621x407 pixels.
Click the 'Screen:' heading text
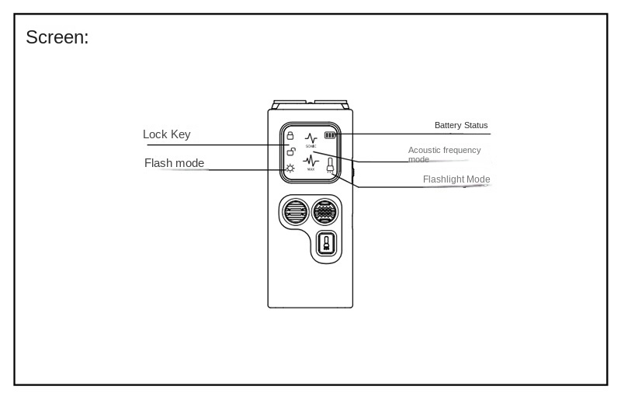tap(57, 37)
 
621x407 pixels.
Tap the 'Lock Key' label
tap(166, 134)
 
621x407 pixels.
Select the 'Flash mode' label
tap(174, 162)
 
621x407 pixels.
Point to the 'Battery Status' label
tap(461, 125)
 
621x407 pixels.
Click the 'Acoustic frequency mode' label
tap(444, 154)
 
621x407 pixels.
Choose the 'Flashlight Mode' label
tap(456, 179)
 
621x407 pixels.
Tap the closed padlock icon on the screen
tap(290, 136)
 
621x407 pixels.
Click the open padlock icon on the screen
tap(290, 151)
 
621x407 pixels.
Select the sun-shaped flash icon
tap(290, 168)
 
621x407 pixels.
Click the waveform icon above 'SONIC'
tap(310, 137)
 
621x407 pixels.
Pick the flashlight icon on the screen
tap(331, 166)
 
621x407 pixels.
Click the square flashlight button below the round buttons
tap(327, 245)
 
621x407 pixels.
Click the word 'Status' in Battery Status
tap(475, 125)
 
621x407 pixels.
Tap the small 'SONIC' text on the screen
tap(310, 146)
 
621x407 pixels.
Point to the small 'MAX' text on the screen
tap(310, 169)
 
